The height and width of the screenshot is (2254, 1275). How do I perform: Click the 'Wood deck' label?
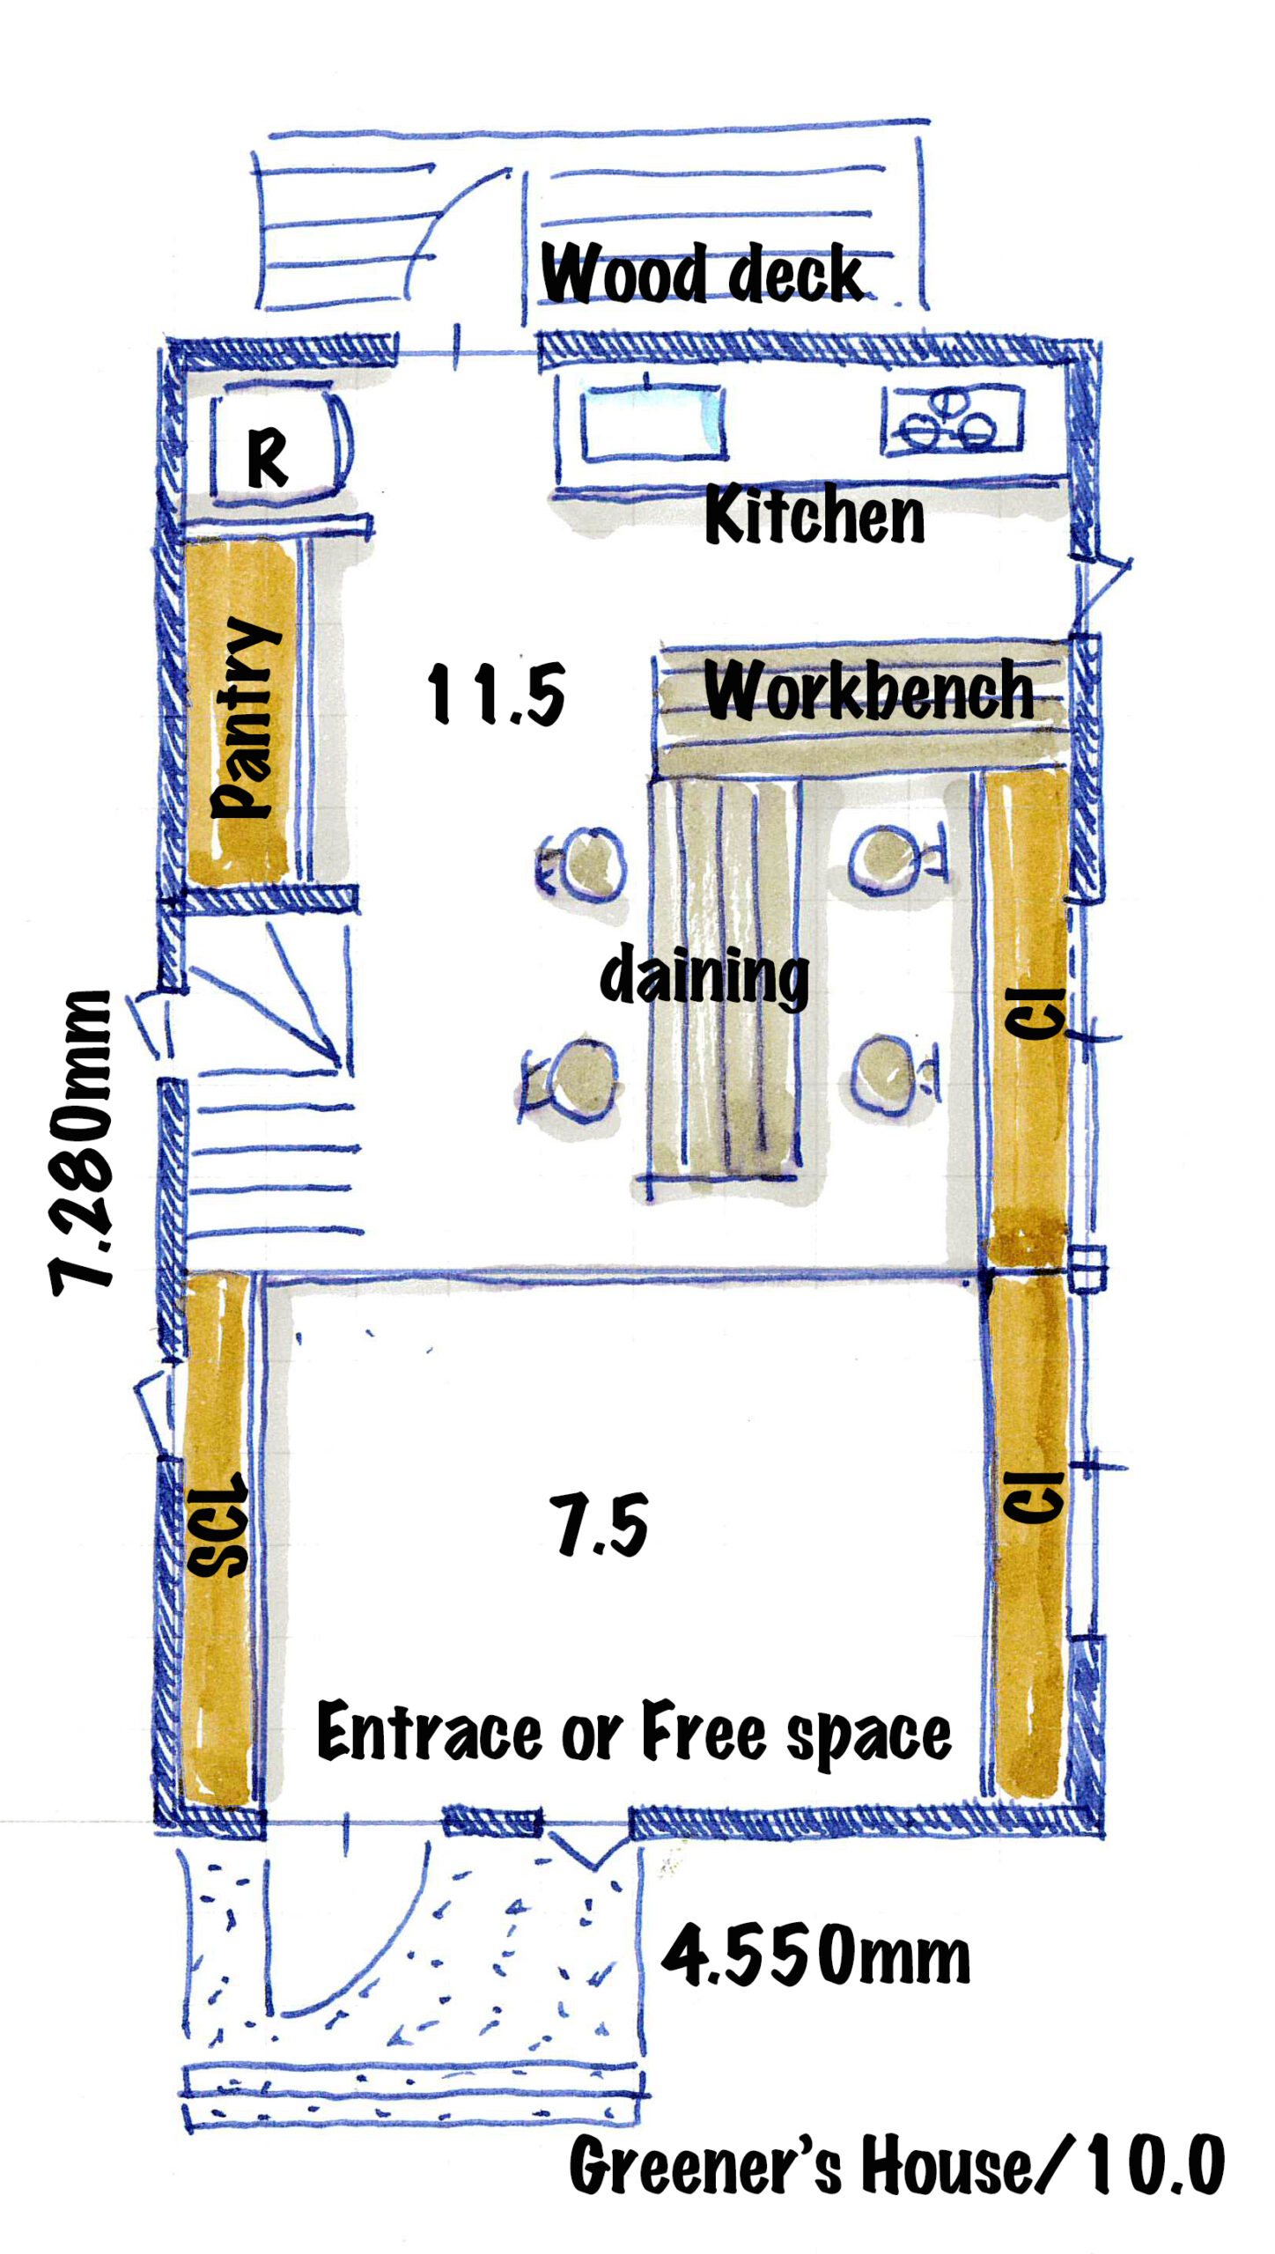coord(702,273)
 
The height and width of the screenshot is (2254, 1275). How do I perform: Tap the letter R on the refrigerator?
coord(268,458)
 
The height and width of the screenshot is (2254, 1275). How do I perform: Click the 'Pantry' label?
coord(246,718)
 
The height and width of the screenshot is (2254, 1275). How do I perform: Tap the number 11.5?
coord(496,695)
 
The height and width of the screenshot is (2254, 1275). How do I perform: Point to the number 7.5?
coord(599,1524)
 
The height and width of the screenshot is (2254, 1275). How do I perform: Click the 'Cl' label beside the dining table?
coord(1035,1013)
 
